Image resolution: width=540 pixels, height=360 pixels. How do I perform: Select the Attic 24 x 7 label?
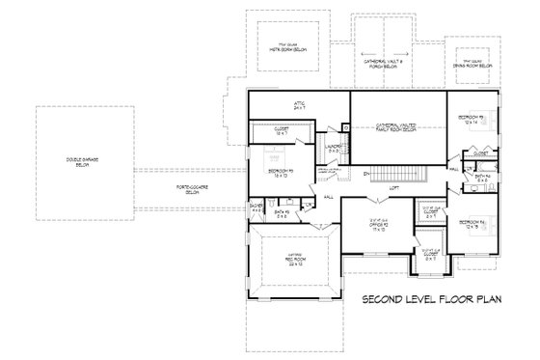click(x=298, y=105)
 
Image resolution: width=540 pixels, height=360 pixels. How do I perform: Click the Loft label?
click(x=393, y=187)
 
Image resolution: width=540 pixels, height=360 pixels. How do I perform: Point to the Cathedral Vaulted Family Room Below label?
click(x=396, y=126)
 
